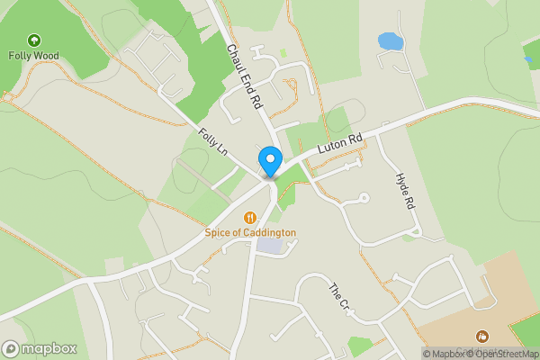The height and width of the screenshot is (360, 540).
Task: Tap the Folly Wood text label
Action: point(33,56)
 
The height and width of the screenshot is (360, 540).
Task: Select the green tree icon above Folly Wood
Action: point(33,40)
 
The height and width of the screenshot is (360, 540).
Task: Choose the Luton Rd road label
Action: point(340,144)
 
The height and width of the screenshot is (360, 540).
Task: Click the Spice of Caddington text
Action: point(250,232)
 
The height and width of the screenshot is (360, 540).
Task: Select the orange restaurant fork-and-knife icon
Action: point(250,217)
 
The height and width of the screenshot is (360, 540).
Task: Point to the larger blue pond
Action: point(391,41)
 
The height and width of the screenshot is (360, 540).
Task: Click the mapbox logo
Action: point(40,348)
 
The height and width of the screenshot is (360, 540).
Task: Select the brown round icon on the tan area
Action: point(481,337)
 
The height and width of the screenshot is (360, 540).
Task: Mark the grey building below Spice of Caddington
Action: point(268,245)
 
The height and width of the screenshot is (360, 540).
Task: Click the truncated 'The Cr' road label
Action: point(338,298)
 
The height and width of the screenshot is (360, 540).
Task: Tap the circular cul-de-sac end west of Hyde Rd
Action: point(364,198)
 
